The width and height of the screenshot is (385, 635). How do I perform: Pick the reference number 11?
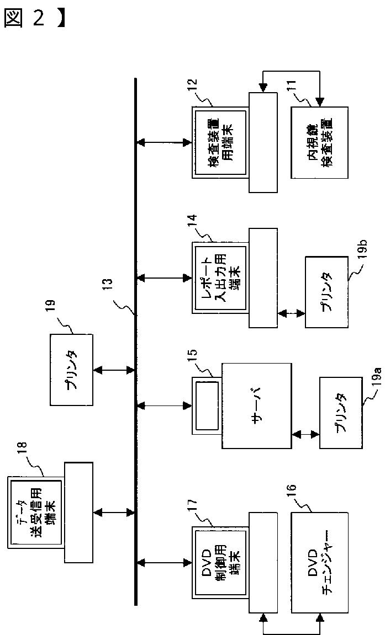[x=292, y=88]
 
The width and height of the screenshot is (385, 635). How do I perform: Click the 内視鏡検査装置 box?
[x=319, y=142]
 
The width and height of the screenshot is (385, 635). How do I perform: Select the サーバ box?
[x=256, y=406]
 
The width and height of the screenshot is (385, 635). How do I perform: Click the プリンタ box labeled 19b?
[x=326, y=292]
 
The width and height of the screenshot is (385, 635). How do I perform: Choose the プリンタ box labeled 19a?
[x=340, y=412]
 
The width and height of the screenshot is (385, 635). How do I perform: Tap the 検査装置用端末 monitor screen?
[x=220, y=142]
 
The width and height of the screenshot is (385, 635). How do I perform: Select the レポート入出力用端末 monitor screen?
[x=220, y=278]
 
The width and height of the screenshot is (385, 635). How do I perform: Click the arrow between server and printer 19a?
[x=305, y=434]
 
